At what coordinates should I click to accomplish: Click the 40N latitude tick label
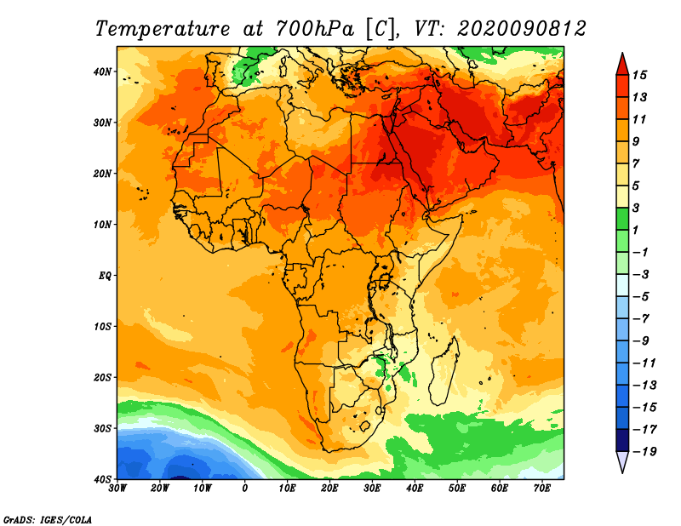point(102,71)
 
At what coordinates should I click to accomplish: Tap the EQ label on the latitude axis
point(105,276)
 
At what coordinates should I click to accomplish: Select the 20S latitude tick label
point(102,377)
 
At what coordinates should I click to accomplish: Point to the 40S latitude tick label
point(102,479)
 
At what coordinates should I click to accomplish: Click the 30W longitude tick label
point(117,489)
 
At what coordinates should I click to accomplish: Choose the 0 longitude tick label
point(245,489)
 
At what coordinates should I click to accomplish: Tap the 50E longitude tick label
point(457,489)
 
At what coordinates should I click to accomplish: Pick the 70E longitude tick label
point(542,489)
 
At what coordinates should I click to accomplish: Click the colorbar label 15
point(639,75)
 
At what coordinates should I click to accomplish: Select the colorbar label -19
point(644,451)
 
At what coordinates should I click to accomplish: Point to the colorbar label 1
point(635,230)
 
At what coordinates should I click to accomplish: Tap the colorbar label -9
point(641,341)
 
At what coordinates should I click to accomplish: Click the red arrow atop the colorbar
point(622,65)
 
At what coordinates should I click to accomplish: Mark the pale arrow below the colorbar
point(622,462)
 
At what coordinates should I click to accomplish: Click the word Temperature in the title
point(163,29)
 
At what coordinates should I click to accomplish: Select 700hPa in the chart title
point(315,29)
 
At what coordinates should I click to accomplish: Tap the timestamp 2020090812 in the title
point(522,29)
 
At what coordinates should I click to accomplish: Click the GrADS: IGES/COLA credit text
point(48,519)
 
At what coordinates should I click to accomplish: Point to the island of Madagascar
point(444,370)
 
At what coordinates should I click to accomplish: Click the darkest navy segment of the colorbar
point(622,440)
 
